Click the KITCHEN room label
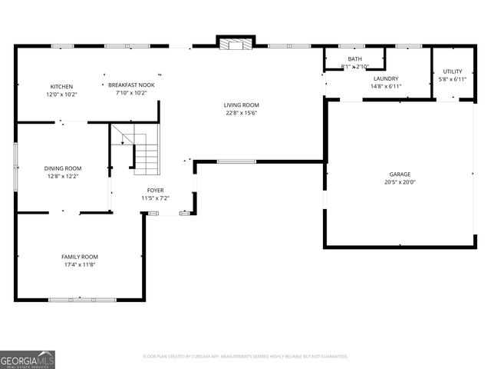(61, 86)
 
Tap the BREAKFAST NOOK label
(131, 85)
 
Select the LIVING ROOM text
(241, 105)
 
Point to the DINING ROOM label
(62, 168)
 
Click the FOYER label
(155, 190)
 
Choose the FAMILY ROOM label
(80, 257)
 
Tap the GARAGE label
(400, 175)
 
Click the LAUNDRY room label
(385, 78)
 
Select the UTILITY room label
(452, 71)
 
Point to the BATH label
(354, 59)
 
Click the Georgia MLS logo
(28, 360)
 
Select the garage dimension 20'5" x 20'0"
(400, 183)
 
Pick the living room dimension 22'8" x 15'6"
(241, 113)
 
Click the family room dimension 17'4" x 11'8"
(80, 265)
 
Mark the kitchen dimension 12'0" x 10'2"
(61, 95)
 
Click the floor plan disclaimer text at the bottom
(245, 357)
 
